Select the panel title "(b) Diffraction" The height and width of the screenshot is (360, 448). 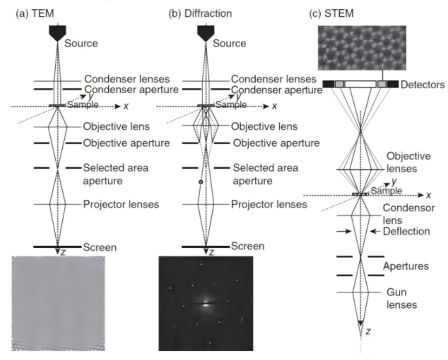coord(201,14)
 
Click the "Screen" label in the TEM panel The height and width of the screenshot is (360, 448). coord(99,247)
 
